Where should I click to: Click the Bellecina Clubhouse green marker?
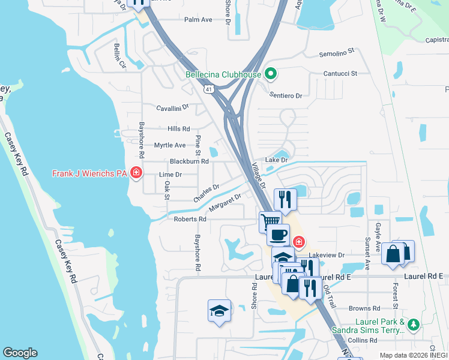(271, 74)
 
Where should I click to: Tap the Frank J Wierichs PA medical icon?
(136, 174)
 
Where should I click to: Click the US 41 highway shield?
(208, 89)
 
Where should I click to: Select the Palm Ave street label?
(198, 20)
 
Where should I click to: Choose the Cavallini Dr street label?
(172, 107)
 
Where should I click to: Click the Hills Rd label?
(179, 129)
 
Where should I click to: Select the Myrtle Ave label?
(170, 145)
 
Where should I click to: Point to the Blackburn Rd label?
(189, 161)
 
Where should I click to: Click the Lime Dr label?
(170, 175)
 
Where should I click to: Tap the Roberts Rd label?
(190, 220)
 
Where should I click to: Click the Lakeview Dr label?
(329, 255)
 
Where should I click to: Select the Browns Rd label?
(361, 308)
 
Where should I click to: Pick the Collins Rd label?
(361, 340)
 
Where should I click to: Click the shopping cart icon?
(270, 221)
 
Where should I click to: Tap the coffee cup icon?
(278, 235)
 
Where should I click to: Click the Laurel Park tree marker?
(412, 325)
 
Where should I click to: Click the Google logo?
(20, 353)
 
